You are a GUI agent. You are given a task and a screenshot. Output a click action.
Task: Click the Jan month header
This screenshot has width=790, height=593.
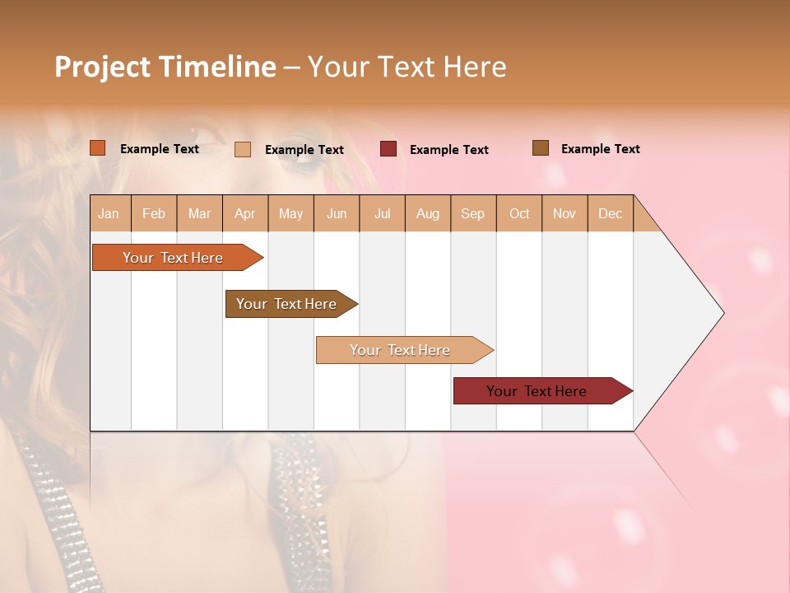[109, 213]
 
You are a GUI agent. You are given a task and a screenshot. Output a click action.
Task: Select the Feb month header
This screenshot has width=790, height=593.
[154, 213]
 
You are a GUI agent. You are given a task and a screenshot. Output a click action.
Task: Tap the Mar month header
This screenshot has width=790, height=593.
[199, 213]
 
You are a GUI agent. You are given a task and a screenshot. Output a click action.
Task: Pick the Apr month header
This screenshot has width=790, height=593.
[245, 213]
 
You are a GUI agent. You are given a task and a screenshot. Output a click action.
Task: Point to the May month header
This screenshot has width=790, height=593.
[290, 213]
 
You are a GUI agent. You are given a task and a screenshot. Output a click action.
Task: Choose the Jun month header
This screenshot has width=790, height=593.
[337, 213]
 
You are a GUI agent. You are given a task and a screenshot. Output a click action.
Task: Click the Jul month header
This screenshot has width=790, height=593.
[382, 213]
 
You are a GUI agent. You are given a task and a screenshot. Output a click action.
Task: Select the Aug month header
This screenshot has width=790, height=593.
[428, 213]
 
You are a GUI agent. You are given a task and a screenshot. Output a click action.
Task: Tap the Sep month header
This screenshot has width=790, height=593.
[473, 213]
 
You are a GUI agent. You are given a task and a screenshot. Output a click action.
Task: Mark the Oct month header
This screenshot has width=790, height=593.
[519, 213]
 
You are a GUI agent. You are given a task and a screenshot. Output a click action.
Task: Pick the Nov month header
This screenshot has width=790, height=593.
[565, 213]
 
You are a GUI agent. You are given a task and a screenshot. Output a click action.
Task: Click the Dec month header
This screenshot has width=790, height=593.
[611, 213]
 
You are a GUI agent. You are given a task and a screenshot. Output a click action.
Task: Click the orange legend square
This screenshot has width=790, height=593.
[98, 148]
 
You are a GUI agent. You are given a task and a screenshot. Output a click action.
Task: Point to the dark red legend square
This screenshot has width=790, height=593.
[388, 149]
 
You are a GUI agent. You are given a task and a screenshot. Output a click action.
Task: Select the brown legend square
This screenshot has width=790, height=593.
[541, 148]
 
